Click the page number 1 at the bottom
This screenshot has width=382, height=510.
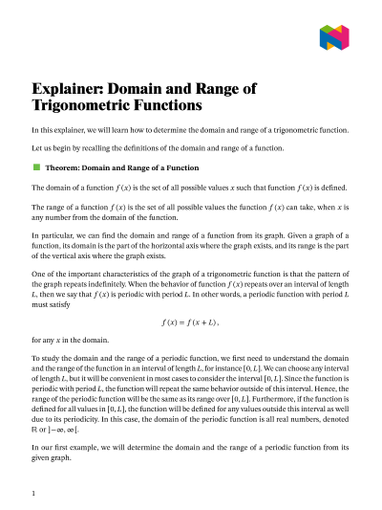coord(33,494)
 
